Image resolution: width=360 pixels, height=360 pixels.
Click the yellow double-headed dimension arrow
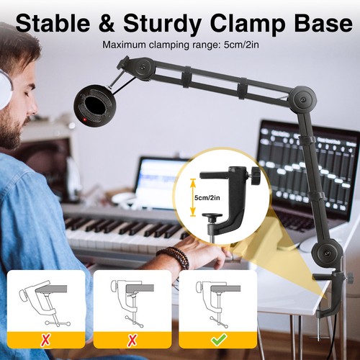tap(192, 198)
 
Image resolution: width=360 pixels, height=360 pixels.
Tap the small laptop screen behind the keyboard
tap(160, 184)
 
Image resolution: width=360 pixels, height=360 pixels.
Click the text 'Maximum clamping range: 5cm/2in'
tap(179, 45)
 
